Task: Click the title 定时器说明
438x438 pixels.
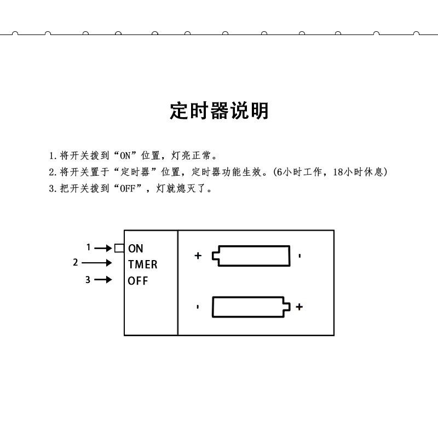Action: (219, 111)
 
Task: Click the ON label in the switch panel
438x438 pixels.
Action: (136, 249)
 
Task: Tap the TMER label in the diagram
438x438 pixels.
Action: (142, 264)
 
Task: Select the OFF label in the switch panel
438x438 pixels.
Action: (138, 281)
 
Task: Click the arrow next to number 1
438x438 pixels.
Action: (103, 248)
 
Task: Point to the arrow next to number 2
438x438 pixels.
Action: (97, 263)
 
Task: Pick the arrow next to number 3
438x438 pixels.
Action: (103, 280)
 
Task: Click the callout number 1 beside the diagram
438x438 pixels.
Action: (89, 247)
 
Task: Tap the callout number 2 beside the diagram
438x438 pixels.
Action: (76, 262)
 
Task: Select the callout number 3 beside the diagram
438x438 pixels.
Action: (88, 280)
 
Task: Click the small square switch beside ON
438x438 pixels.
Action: (119, 248)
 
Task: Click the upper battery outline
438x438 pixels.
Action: (252, 256)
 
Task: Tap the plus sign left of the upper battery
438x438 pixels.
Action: (198, 255)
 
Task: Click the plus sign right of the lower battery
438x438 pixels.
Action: (299, 307)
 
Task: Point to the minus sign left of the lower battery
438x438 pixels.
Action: (198, 307)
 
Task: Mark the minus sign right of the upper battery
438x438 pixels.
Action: (299, 256)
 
